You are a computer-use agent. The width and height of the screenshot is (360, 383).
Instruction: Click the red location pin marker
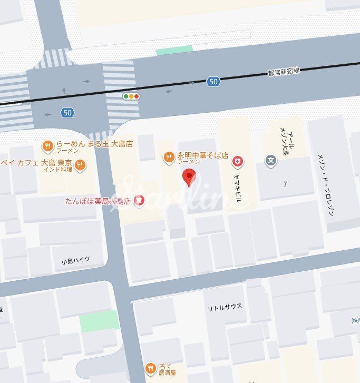(x=190, y=176)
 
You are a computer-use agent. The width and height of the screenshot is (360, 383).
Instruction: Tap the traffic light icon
(x=131, y=96)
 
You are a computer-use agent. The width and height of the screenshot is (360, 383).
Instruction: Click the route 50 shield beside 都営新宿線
(x=213, y=81)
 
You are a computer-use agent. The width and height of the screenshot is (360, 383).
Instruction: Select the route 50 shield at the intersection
(x=67, y=112)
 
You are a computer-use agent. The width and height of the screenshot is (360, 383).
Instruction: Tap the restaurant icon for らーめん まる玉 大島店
(x=47, y=145)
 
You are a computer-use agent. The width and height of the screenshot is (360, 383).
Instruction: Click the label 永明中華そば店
(x=202, y=156)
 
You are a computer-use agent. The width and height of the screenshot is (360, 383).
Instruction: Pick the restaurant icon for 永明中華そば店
(x=169, y=156)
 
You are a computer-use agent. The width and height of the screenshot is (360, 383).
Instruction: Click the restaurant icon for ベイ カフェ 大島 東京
(x=80, y=165)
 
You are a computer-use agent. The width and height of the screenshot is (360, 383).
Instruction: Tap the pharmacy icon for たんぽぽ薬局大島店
(x=139, y=200)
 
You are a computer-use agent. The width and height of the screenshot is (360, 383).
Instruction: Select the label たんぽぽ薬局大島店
(x=98, y=201)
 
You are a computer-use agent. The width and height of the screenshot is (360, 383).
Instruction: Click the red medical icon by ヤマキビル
(x=238, y=161)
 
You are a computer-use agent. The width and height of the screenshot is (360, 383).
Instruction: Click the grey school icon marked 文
(x=271, y=161)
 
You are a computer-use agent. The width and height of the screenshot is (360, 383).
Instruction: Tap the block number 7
(x=285, y=184)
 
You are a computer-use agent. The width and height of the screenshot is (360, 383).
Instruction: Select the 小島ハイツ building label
(x=75, y=260)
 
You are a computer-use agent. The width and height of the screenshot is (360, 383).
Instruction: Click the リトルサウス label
(x=225, y=307)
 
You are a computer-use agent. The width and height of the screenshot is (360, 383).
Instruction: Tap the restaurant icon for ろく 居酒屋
(x=151, y=368)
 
